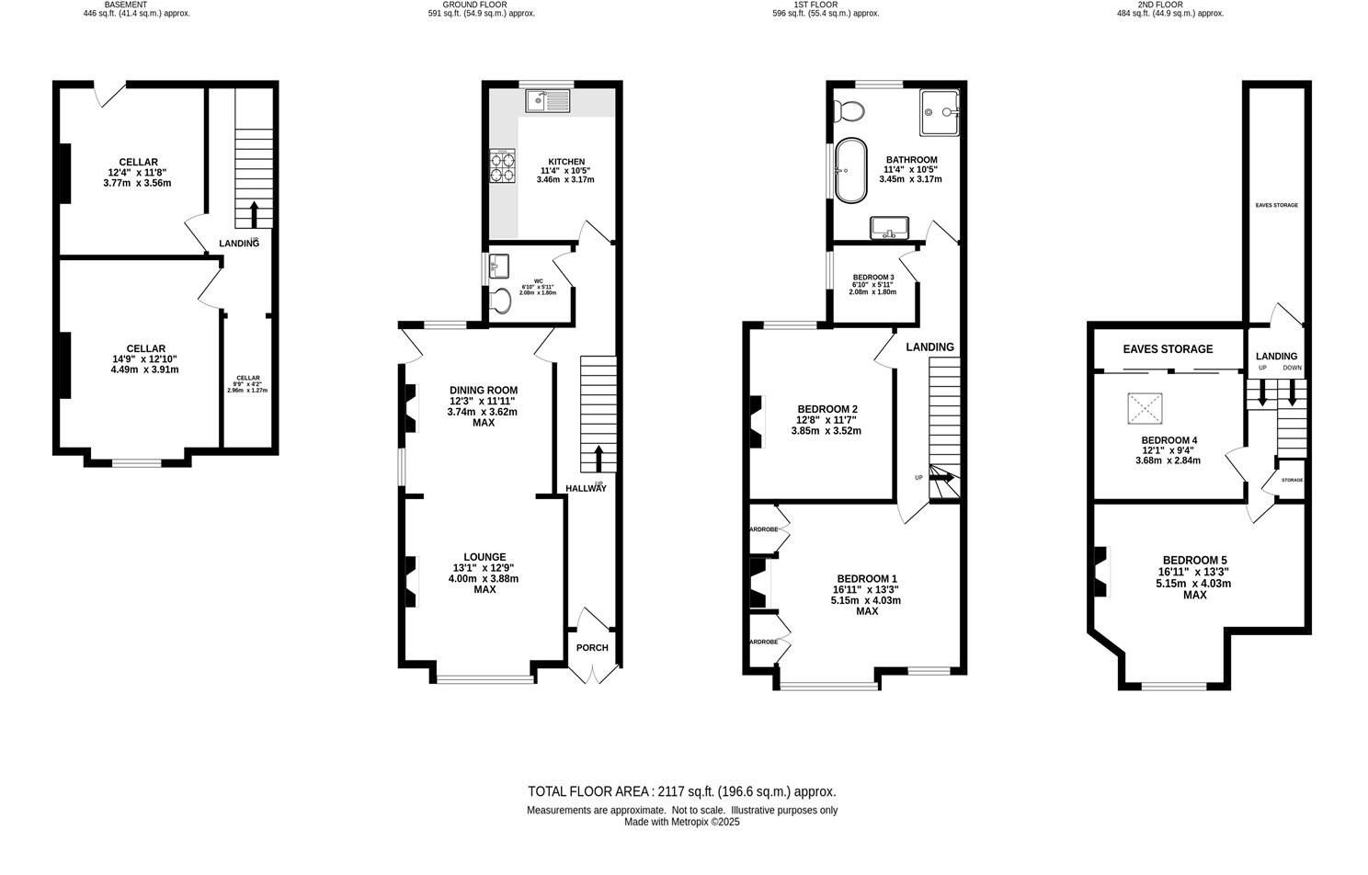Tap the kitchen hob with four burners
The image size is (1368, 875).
502,166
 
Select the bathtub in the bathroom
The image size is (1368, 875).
849,171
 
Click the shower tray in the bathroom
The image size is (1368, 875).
939,111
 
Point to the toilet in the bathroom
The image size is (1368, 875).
849,111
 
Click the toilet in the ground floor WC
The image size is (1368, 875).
501,300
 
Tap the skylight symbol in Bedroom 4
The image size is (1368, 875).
1143,406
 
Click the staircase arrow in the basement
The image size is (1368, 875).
254,215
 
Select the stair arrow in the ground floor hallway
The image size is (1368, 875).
598,458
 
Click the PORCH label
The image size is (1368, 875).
592,647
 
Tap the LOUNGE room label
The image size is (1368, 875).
484,557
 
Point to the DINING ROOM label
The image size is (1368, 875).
484,390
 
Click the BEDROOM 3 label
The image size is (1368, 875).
873,278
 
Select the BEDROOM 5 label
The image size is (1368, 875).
1194,561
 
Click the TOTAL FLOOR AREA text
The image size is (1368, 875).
681,791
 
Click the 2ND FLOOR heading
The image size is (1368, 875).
1160,5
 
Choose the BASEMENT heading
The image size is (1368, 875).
126,5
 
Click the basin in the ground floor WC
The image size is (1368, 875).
499,267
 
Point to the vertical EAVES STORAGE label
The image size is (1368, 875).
1276,205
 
